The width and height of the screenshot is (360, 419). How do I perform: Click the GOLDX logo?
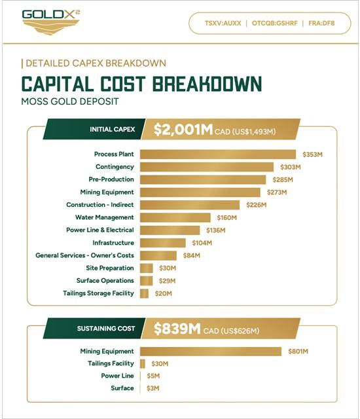coord(51,22)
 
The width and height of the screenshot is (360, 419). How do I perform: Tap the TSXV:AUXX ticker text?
coord(223,24)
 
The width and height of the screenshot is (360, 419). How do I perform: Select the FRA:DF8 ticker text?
coord(321,24)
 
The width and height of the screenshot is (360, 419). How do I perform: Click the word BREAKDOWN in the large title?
coord(207,84)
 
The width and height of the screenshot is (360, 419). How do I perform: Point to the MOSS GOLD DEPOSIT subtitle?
coord(69,101)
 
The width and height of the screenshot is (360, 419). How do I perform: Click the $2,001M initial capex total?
coord(183,130)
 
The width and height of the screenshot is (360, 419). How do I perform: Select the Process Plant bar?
coord(218,155)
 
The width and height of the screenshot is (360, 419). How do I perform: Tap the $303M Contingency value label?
coord(291,167)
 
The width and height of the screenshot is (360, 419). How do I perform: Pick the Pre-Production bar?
coord(203,179)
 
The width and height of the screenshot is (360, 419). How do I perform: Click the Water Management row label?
coord(105,217)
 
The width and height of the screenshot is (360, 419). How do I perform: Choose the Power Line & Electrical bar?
coord(170,230)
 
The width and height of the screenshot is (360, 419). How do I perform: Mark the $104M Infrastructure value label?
coord(202,243)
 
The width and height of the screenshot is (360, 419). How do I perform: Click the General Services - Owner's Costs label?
coord(84,255)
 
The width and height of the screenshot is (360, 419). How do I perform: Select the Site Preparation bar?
coord(147,268)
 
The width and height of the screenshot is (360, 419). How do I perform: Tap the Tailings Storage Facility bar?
coord(144,293)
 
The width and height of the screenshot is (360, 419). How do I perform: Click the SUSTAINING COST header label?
coord(106,329)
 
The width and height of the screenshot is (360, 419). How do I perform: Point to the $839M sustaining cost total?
coord(177,329)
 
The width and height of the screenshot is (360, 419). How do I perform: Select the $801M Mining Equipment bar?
coord(211,352)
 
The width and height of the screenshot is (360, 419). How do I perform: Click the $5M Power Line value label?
coord(153,376)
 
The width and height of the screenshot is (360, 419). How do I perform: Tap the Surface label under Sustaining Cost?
coord(122,388)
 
